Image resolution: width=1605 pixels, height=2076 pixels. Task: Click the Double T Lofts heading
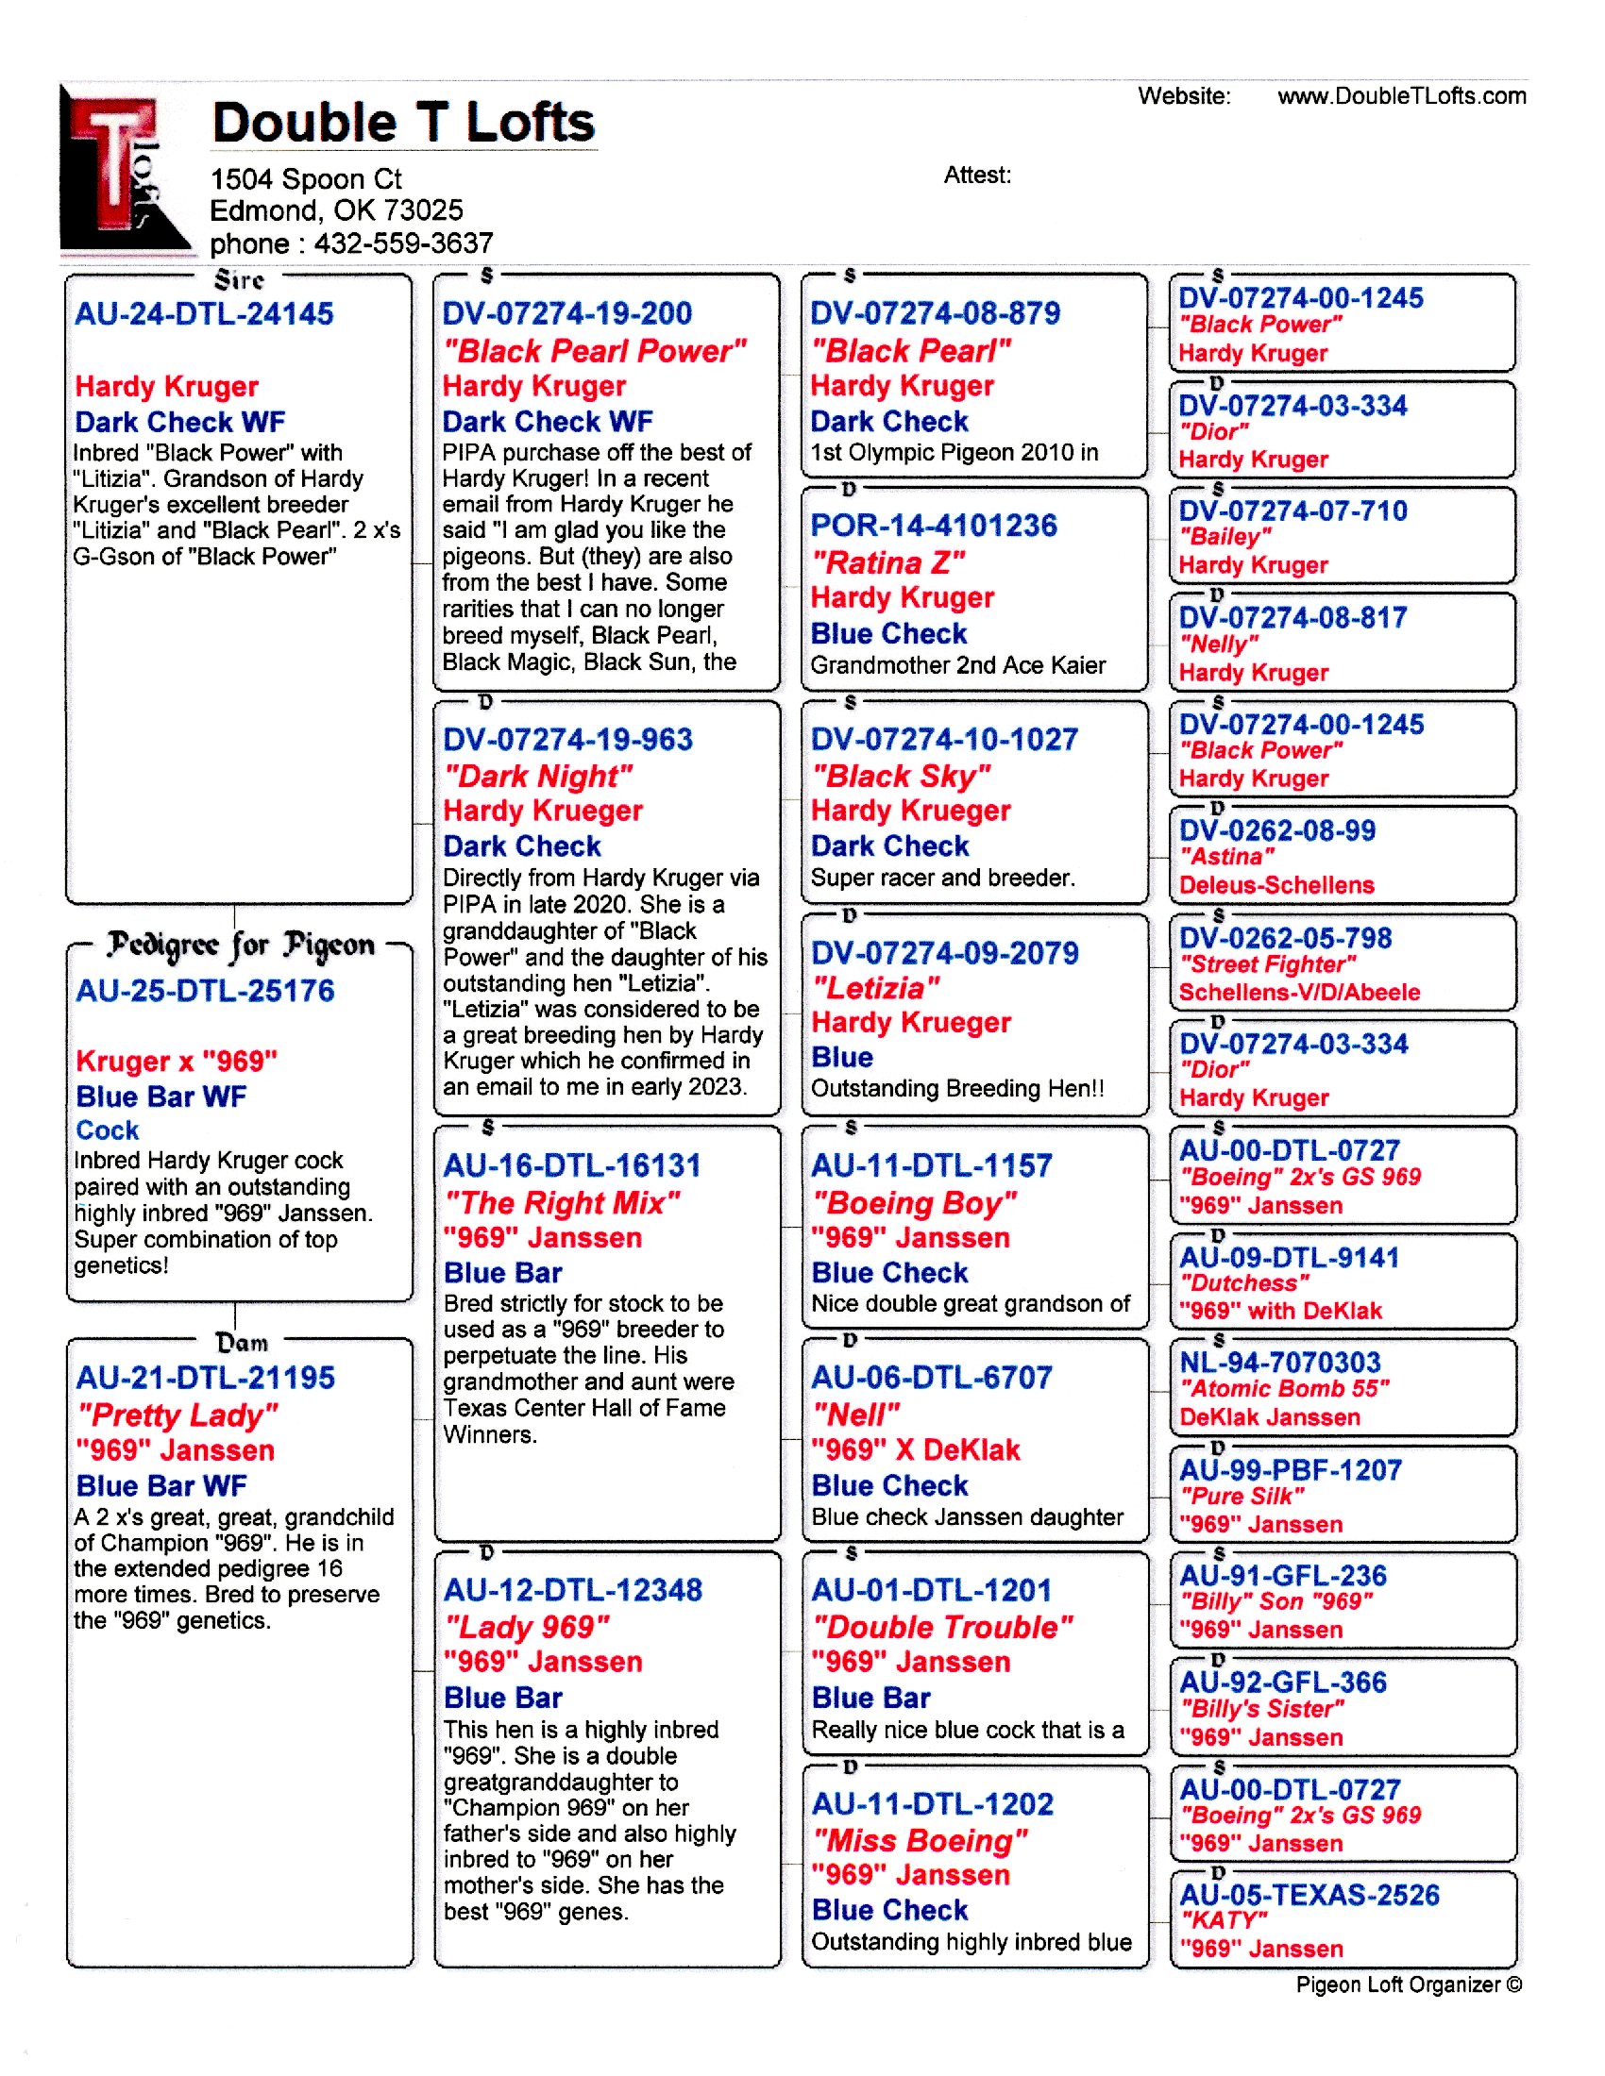pos(402,123)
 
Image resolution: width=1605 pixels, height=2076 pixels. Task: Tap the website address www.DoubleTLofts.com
pos(1400,96)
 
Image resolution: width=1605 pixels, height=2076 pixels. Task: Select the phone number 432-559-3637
pos(403,243)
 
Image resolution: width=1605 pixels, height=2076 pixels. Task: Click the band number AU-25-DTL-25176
pos(206,991)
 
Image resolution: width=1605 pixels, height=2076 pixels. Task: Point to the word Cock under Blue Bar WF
pos(108,1130)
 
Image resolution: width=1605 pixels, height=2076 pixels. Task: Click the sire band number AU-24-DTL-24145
pos(205,313)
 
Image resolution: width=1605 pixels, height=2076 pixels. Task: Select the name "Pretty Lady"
pos(177,1415)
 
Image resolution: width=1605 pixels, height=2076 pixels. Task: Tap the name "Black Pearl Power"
pos(594,351)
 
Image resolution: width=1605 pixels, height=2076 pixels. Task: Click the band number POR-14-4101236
pos(933,525)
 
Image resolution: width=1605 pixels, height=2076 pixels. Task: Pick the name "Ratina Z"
pos(887,562)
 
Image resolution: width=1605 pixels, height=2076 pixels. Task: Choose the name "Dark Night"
pos(537,776)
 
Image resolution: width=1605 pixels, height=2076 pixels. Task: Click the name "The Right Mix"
pos(562,1202)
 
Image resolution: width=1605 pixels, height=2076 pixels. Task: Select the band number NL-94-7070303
pos(1280,1362)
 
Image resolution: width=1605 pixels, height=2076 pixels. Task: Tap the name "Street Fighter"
pos(1267,964)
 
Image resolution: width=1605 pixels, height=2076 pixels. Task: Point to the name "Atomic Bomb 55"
pos(1284,1389)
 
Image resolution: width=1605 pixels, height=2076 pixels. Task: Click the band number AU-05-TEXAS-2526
pos(1309,1895)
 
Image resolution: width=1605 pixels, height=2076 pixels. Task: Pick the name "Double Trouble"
pos(941,1627)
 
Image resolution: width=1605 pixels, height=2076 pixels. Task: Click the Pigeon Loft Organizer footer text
pos(1409,1984)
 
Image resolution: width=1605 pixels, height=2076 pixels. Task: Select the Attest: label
pos(976,175)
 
